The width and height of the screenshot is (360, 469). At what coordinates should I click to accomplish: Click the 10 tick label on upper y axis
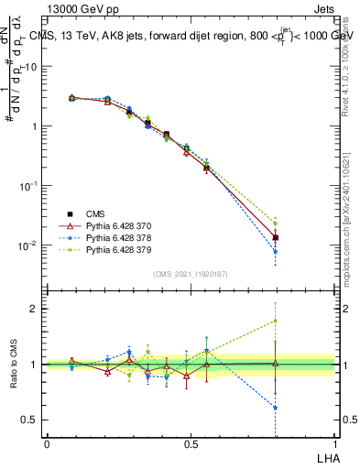tap(31, 67)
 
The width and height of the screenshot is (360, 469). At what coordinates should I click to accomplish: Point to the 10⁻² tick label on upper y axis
tap(29, 245)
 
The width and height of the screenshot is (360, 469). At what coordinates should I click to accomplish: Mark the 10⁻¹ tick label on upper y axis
tap(29, 185)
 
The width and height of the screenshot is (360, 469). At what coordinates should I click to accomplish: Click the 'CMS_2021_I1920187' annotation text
tap(191, 274)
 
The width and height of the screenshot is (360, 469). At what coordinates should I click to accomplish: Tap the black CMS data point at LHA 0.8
tap(276, 237)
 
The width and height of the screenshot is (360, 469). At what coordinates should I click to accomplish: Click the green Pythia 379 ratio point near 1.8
tap(276, 321)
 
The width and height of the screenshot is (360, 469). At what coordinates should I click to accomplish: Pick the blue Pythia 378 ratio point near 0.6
tap(276, 408)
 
